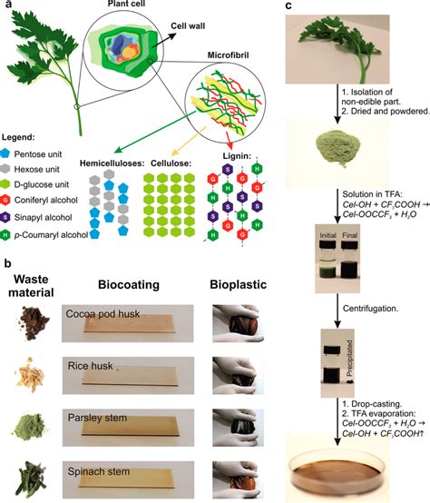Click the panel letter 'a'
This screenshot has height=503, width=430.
pyautogui.click(x=7, y=7)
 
